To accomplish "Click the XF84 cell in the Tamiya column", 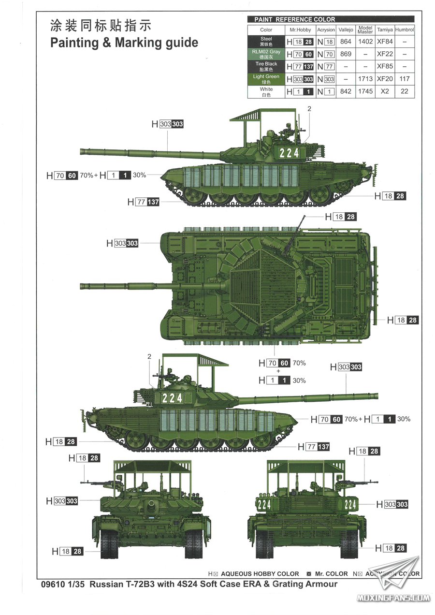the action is (x=385, y=42).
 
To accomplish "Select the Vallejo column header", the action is (x=346, y=29).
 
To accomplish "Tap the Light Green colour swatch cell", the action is (x=266, y=79).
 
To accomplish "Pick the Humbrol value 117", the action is (x=405, y=79).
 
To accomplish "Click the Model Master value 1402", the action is (x=365, y=42).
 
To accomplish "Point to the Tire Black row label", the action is (x=266, y=66).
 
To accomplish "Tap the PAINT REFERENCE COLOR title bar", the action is (x=331, y=19).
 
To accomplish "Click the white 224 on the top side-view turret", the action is (x=289, y=153).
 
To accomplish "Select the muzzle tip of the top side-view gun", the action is (x=81, y=151).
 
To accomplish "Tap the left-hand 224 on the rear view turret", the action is (x=264, y=504).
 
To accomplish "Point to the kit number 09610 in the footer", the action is (x=53, y=584).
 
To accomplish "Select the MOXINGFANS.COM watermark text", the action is (x=393, y=598).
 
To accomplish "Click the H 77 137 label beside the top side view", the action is (x=144, y=202).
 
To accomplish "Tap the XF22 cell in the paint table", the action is (x=385, y=54).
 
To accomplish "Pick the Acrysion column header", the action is (x=326, y=29).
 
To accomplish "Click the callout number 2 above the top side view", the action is (x=309, y=109).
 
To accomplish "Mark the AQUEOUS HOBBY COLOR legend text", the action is (x=260, y=574).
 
